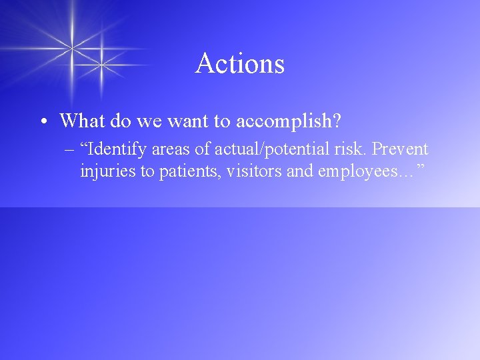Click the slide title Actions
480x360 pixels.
tap(240, 64)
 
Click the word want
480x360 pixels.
tap(180, 121)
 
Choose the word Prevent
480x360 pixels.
tap(399, 149)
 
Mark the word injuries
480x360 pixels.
tap(107, 171)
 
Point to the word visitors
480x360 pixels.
tap(254, 171)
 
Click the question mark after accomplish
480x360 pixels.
tap(336, 121)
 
